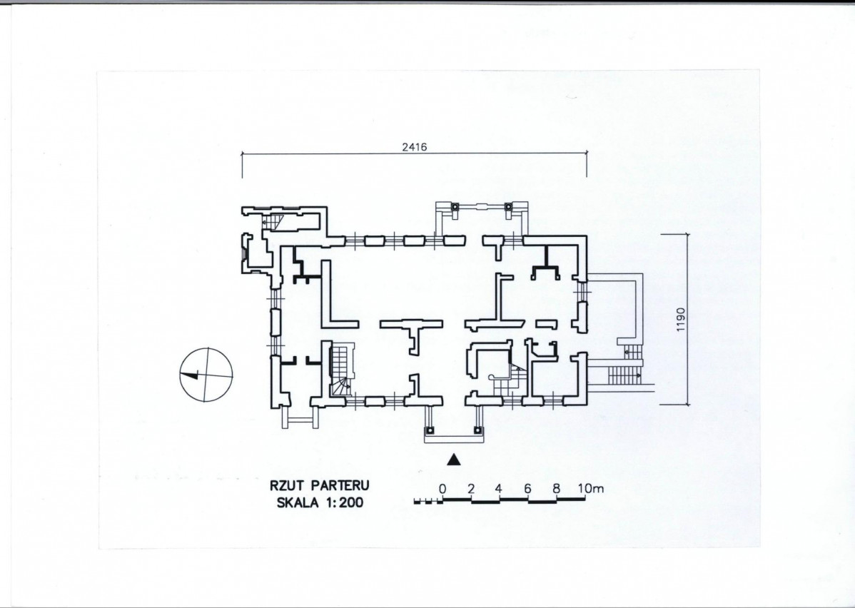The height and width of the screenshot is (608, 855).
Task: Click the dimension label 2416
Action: [x=415, y=147]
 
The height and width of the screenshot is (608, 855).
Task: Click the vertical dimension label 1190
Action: [x=680, y=320]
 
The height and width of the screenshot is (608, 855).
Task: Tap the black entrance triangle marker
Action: [x=454, y=460]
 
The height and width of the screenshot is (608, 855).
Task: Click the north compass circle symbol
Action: [x=206, y=375]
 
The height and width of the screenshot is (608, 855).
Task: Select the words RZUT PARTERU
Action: [x=320, y=485]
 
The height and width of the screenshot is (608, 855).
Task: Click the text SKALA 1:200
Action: [x=320, y=503]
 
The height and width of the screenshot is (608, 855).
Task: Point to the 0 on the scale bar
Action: [x=442, y=489]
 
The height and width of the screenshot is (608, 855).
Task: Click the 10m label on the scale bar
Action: [x=590, y=489]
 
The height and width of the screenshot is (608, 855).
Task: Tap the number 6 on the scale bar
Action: [x=527, y=489]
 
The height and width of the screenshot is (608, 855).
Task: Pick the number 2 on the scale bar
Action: [x=471, y=489]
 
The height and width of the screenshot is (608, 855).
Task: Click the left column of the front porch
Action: [x=430, y=430]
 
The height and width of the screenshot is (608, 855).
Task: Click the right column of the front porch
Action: [x=477, y=430]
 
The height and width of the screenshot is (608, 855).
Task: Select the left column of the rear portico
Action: [x=454, y=207]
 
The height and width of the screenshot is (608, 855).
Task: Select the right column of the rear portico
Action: [x=508, y=207]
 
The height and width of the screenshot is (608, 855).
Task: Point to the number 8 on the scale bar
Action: [x=556, y=489]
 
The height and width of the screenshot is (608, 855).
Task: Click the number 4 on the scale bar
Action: [x=498, y=489]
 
